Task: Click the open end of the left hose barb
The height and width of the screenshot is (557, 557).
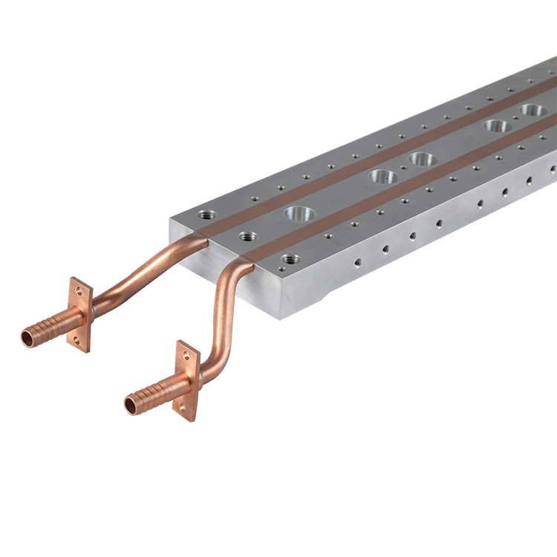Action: pyautogui.click(x=27, y=339)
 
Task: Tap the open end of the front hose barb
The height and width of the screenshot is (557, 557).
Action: pyautogui.click(x=131, y=405)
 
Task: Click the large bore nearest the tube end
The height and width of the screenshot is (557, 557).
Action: pyautogui.click(x=299, y=214)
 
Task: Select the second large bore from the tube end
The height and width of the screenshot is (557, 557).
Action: pyautogui.click(x=382, y=177)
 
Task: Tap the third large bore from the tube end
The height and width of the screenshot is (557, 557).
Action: pyautogui.click(x=422, y=158)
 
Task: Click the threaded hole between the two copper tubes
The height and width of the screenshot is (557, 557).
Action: pyautogui.click(x=247, y=236)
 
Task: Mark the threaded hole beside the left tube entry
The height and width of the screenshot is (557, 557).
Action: pyautogui.click(x=206, y=215)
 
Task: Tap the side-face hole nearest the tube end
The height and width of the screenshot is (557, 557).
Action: pyautogui.click(x=357, y=262)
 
